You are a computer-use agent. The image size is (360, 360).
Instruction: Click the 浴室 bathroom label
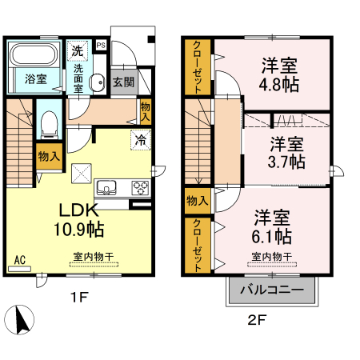(34, 79)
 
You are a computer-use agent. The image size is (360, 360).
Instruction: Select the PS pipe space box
(101, 46)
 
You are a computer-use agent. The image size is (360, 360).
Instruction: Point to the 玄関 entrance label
(122, 81)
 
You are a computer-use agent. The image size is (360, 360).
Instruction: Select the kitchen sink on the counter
(106, 188)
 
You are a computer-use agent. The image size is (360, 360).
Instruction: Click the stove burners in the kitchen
(139, 188)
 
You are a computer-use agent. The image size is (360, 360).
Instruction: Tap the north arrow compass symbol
(22, 322)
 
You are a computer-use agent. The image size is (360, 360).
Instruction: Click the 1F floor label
(77, 297)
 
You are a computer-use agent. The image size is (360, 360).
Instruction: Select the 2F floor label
(255, 319)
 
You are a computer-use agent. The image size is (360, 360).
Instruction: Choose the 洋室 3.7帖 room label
(286, 152)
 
